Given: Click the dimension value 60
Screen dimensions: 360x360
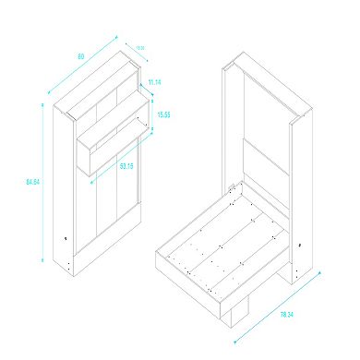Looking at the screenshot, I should click(x=81, y=57).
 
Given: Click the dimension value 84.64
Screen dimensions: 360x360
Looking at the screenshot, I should click(x=30, y=182).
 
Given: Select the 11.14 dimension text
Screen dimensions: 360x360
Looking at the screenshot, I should click(x=153, y=82).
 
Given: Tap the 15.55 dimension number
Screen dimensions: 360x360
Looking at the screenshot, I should click(x=164, y=114).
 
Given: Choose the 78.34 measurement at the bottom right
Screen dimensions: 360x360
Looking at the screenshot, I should click(x=301, y=313).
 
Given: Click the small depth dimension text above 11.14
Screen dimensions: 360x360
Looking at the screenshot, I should click(x=140, y=48).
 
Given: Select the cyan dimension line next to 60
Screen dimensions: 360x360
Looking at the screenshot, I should click(x=83, y=65).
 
